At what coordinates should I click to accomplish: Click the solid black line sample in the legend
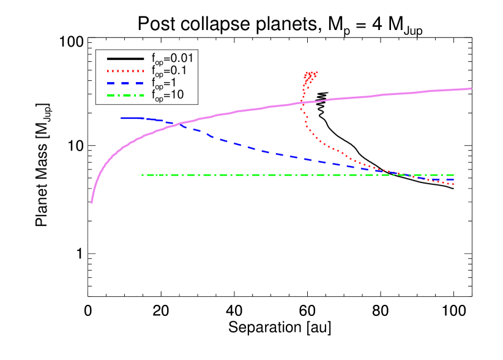[125, 59]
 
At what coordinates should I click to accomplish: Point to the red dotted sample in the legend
[125, 70]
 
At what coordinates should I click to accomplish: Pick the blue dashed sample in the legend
[125, 83]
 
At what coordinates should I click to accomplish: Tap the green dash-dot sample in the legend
[125, 95]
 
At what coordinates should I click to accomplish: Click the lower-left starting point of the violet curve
[92, 202]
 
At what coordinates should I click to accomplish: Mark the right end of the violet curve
[471, 89]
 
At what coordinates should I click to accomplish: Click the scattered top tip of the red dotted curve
[311, 74]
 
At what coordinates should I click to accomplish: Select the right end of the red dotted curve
[453, 184]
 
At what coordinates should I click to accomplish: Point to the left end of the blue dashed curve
[122, 118]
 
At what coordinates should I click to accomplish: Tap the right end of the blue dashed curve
[453, 179]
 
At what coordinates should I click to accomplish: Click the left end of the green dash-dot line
[140, 175]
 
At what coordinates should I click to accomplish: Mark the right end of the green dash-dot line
[453, 175]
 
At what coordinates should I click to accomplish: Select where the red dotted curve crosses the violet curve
[302, 102]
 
